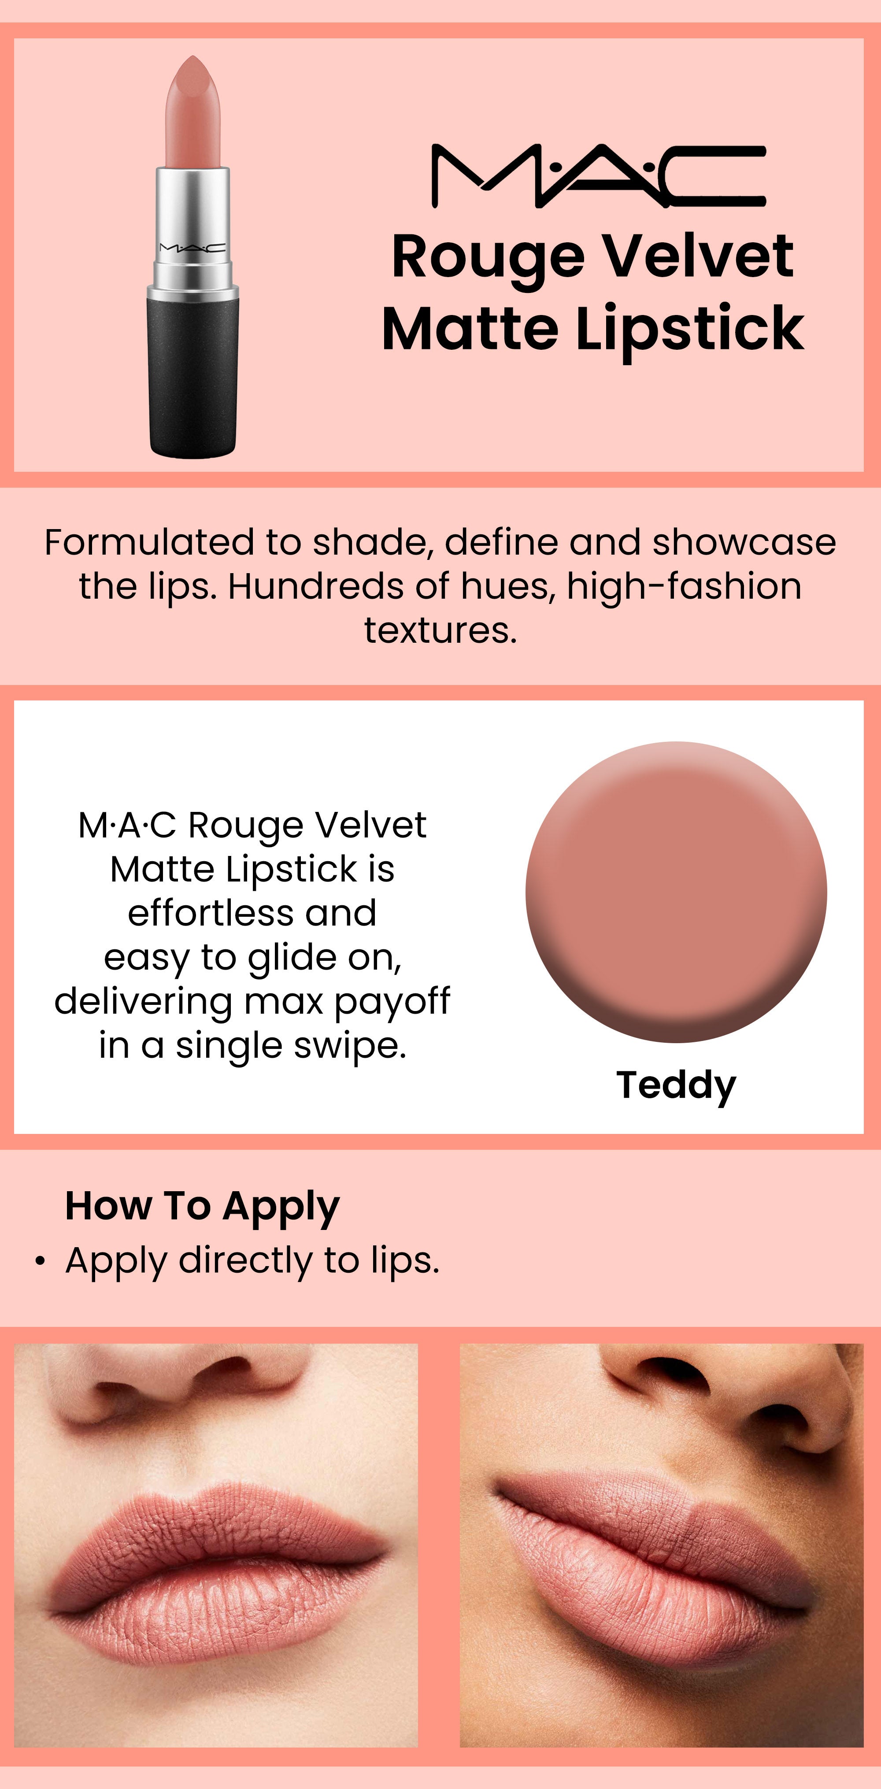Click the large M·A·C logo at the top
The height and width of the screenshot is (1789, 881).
[x=599, y=176]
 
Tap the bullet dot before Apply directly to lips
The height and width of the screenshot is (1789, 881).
[x=41, y=1261]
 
